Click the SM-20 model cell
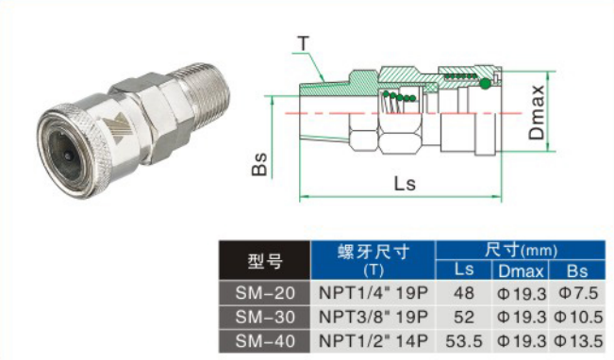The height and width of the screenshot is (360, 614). click(x=265, y=293)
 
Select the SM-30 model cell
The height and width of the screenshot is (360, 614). click(x=265, y=317)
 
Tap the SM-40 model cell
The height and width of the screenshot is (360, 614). click(x=265, y=341)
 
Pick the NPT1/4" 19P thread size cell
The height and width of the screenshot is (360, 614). click(x=373, y=293)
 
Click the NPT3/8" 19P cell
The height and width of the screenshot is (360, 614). click(x=373, y=317)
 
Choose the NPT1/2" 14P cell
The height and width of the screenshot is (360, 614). click(x=373, y=341)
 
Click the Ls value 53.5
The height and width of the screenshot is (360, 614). click(x=464, y=341)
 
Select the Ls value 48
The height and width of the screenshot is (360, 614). click(x=464, y=293)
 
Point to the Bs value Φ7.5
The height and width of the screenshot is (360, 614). click(x=578, y=293)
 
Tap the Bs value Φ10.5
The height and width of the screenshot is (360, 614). click(x=578, y=317)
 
